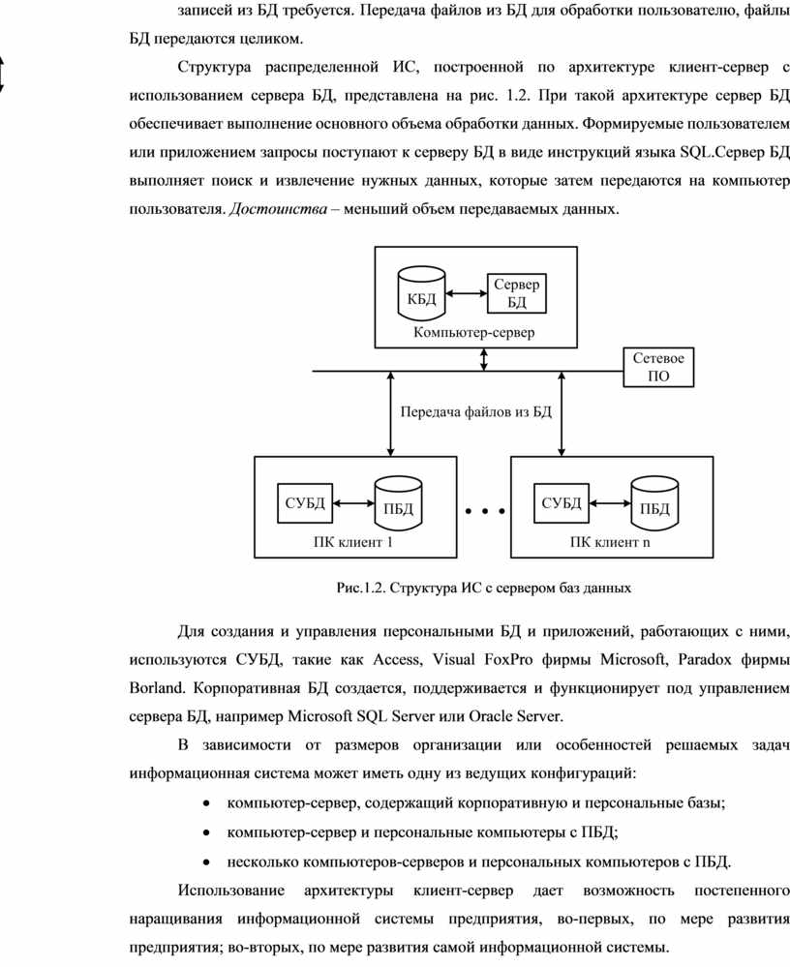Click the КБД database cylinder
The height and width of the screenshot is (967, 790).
[x=421, y=293]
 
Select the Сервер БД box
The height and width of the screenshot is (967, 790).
[x=516, y=293]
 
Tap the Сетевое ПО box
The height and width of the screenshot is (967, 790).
[x=658, y=367]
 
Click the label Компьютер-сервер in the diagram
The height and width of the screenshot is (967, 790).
[x=473, y=332]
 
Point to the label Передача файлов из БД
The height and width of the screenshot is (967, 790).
[x=476, y=411]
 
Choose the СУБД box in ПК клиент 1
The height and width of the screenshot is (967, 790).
[x=305, y=503]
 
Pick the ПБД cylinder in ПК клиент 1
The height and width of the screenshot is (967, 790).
[x=399, y=503]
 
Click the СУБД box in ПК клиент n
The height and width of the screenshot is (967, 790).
[x=562, y=503]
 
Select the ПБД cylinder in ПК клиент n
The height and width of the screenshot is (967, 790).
[x=654, y=503]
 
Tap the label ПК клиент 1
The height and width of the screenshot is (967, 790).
[x=352, y=543]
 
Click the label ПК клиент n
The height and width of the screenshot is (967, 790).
[x=609, y=543]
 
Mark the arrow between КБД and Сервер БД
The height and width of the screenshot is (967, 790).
[x=467, y=293]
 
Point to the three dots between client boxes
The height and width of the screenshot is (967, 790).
[x=485, y=511]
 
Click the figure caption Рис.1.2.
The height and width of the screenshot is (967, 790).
[x=483, y=588]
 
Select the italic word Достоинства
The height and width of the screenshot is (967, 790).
[x=278, y=209]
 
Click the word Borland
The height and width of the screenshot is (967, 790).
[x=157, y=688]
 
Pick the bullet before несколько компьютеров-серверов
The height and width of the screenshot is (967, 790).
[x=206, y=862]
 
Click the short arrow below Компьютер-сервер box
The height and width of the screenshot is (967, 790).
[x=484, y=359]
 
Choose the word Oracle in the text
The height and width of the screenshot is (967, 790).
[x=490, y=716]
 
